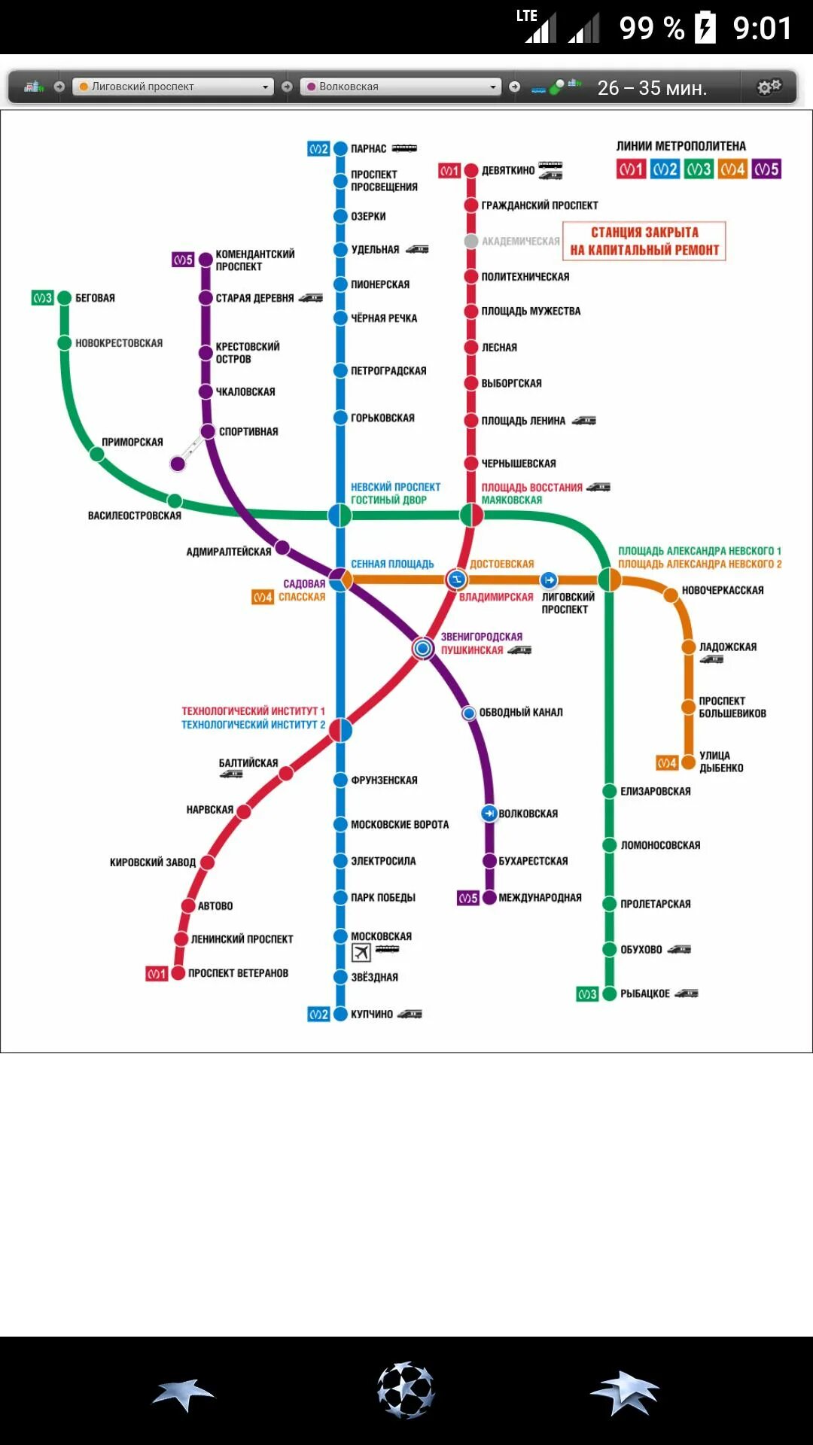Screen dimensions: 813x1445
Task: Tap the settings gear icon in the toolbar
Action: coord(769,87)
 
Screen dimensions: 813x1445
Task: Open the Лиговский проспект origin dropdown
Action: coord(173,87)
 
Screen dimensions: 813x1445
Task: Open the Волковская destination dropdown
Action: coord(400,87)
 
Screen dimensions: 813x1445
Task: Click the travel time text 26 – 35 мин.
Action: coord(652,88)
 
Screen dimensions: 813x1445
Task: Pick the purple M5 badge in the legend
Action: coord(766,169)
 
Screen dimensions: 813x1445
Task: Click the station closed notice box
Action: coord(644,241)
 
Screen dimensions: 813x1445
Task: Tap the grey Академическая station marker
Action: coord(471,241)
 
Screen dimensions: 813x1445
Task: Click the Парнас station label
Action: coord(368,149)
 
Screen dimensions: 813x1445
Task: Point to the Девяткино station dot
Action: coord(471,171)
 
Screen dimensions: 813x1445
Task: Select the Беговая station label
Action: coord(95,298)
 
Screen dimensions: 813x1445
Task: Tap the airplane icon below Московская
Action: coord(361,952)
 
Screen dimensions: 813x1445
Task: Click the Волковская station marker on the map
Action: coord(489,813)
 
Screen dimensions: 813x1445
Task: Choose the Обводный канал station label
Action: coord(521,712)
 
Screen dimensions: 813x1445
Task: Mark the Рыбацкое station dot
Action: coord(609,994)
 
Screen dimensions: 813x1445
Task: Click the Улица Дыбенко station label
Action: coord(720,762)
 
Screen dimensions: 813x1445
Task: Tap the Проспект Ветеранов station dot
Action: coord(178,973)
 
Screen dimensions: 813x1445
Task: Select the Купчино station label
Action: coord(372,1015)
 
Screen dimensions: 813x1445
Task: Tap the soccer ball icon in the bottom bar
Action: coord(406,1389)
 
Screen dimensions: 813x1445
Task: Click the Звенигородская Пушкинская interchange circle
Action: coord(423,648)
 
